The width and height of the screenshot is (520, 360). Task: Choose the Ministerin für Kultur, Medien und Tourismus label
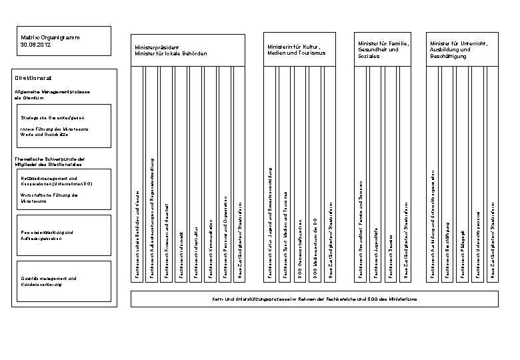296,49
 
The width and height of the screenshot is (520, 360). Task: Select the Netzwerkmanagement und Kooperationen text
50,181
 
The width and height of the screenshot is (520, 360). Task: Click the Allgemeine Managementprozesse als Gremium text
43,94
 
